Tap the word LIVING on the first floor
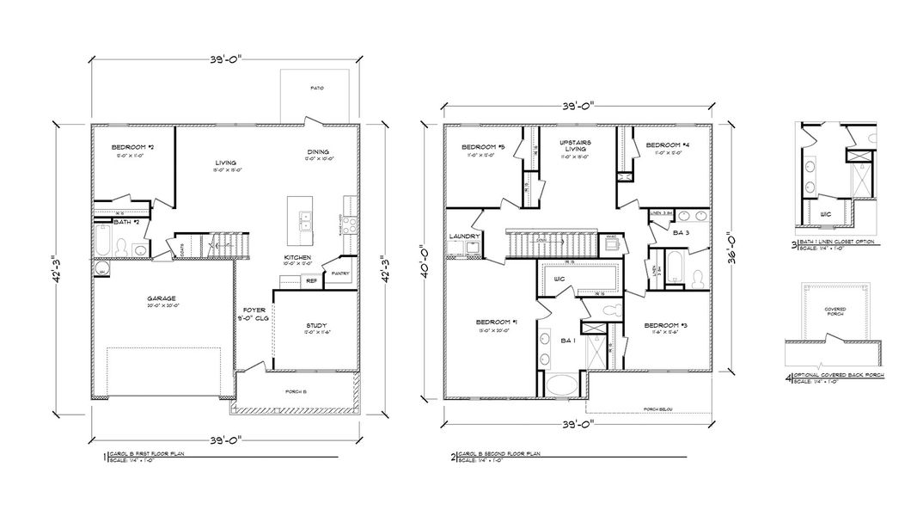point(226,162)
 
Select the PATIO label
point(317,89)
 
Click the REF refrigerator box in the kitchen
point(311,280)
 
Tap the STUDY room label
point(316,325)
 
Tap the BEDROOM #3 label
point(663,324)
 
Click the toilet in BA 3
point(699,278)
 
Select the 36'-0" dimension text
point(731,243)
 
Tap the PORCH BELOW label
point(657,409)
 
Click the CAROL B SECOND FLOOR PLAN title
point(499,453)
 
